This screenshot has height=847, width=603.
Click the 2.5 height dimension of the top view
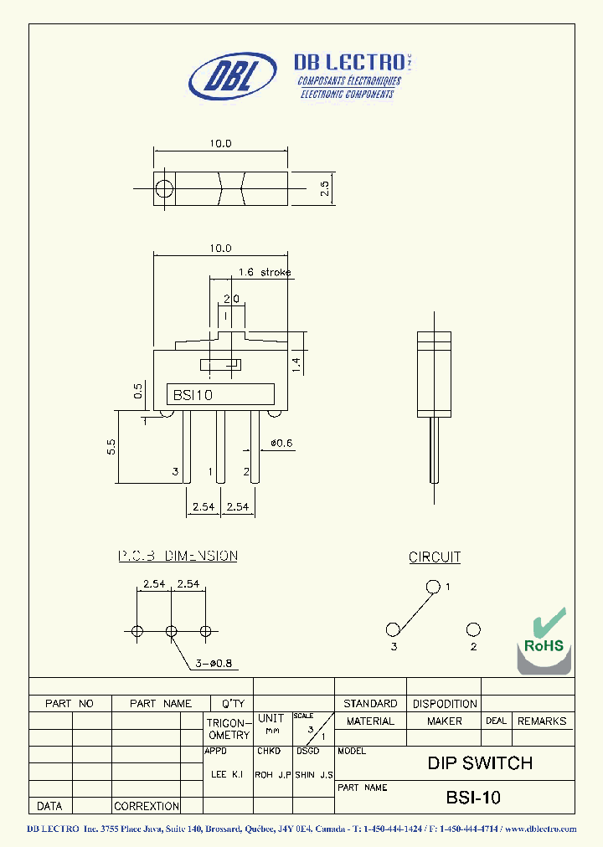[x=325, y=189]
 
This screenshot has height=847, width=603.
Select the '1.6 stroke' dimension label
[x=265, y=272]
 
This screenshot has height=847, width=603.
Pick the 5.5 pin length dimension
[x=111, y=447]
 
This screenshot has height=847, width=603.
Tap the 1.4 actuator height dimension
[x=295, y=362]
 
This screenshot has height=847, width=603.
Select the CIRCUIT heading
[x=435, y=557]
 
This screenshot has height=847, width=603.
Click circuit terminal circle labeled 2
[x=473, y=629]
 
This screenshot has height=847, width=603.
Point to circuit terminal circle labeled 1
[x=433, y=587]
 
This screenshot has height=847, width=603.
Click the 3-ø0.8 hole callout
[x=213, y=664]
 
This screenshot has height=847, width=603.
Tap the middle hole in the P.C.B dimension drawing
[x=171, y=631]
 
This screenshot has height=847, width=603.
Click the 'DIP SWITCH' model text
[x=480, y=762]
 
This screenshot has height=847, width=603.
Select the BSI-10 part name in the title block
[x=473, y=798]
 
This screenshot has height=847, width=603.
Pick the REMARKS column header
[x=541, y=721]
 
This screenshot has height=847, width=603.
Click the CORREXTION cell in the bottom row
[x=147, y=806]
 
